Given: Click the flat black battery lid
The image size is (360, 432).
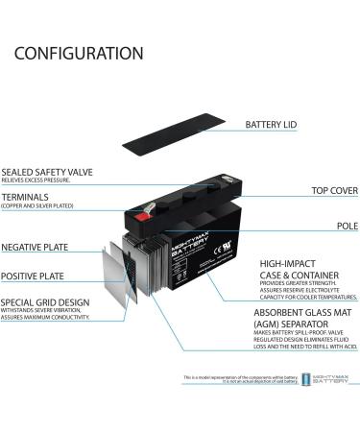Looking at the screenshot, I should [x=174, y=132].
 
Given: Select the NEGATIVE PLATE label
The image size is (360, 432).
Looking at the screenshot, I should [x=35, y=247].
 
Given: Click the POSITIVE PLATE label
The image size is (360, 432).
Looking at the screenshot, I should [x=34, y=276].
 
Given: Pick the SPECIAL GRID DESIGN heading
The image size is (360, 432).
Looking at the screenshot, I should [x=45, y=302].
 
